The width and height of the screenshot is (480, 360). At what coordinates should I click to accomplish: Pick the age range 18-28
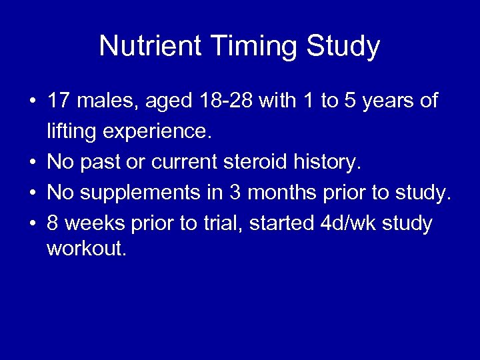pos(227,101)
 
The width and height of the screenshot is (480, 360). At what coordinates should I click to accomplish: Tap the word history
pos(327,162)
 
